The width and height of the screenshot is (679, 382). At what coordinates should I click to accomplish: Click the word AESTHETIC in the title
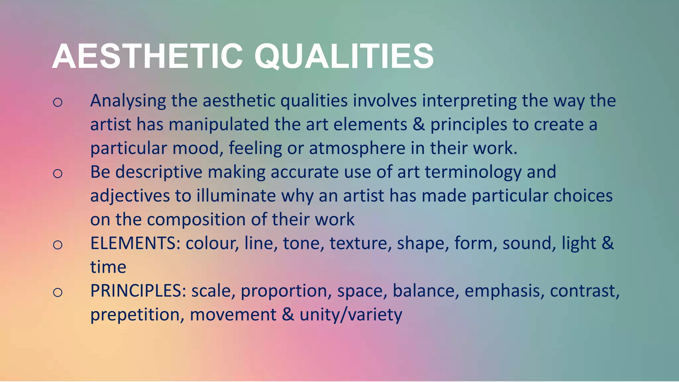tap(148, 56)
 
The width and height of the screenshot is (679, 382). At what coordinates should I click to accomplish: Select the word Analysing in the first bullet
tap(128, 101)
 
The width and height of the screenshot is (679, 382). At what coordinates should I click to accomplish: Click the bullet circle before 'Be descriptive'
tap(58, 173)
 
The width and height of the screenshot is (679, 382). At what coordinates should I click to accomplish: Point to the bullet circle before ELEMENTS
tap(58, 245)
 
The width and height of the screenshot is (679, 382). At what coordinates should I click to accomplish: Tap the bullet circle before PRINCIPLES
tap(58, 292)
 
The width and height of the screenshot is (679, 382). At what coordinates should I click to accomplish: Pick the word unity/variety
tap(351, 315)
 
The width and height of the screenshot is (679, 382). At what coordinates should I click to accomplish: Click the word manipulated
tap(219, 125)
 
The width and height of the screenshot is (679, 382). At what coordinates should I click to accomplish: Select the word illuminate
tap(236, 196)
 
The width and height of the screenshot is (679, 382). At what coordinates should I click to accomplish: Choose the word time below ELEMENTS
tap(108, 267)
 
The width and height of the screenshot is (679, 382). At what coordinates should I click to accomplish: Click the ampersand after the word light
tap(608, 243)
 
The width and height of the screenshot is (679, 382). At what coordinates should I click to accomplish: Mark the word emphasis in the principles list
tap(504, 291)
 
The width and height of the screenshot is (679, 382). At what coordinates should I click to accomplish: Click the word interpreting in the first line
tap(469, 101)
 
